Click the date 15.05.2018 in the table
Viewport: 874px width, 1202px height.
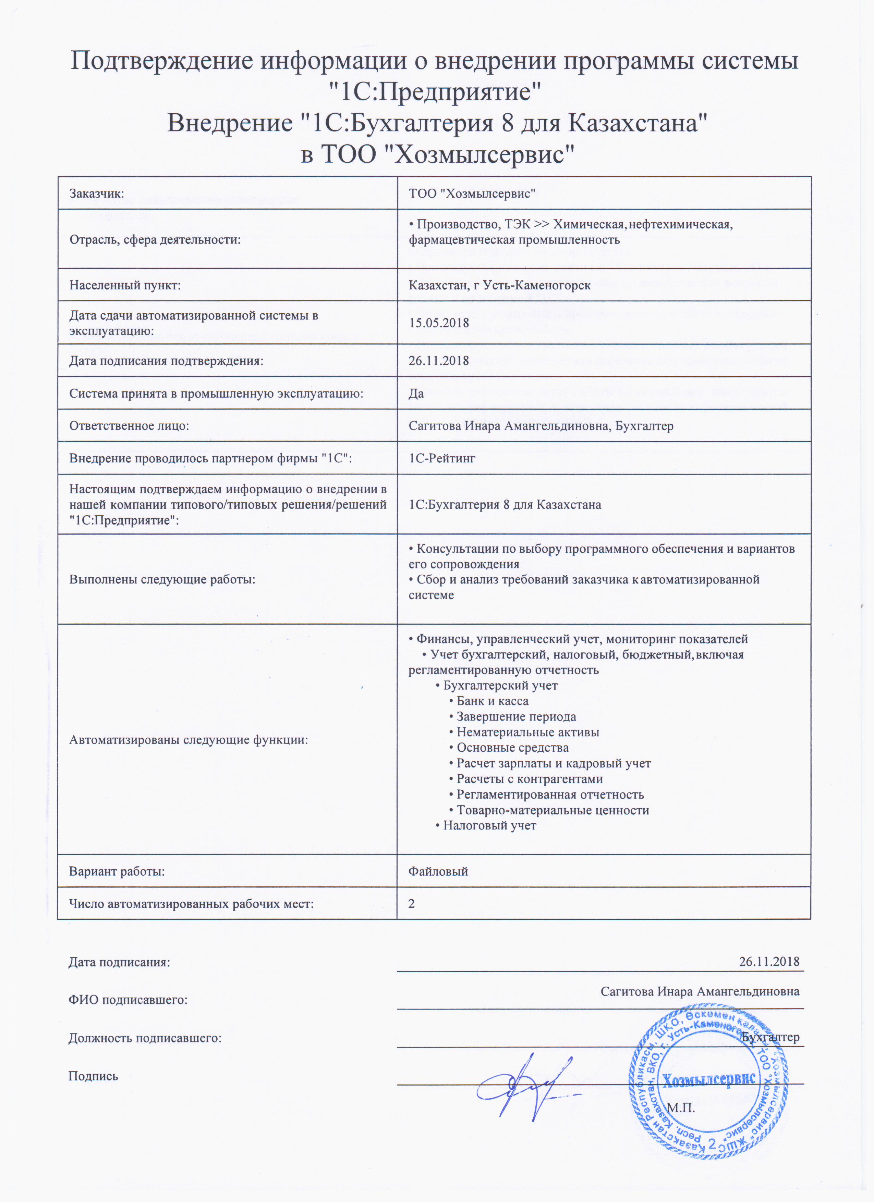tap(439, 322)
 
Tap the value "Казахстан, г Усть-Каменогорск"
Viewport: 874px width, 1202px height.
tap(500, 286)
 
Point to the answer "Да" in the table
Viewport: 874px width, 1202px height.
tap(416, 393)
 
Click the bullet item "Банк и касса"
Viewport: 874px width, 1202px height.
tap(492, 701)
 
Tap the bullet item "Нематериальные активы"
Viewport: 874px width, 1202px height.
tap(528, 733)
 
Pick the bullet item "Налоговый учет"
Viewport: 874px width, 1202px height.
tap(489, 825)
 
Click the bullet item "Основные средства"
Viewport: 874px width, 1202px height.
tap(512, 748)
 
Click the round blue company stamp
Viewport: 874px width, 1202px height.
tap(711, 1078)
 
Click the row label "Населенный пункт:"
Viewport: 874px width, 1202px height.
tap(125, 286)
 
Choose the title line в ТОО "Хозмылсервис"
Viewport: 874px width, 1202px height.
tap(438, 155)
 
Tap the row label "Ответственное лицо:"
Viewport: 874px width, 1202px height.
tap(130, 426)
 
